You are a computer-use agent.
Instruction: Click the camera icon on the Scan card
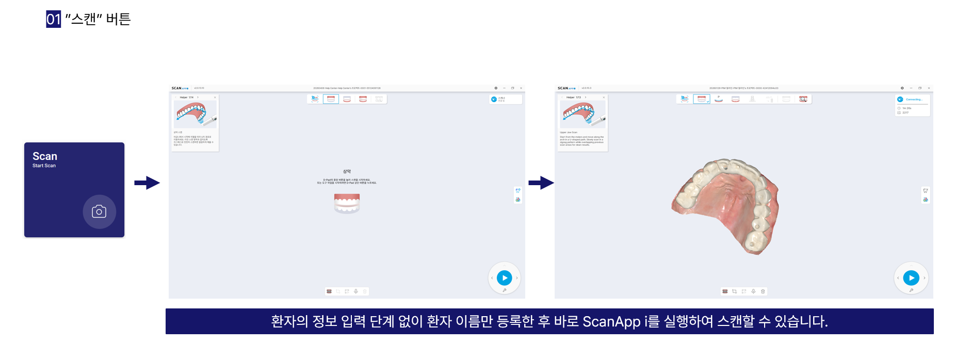click(x=99, y=211)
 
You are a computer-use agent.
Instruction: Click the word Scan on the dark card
click(x=45, y=156)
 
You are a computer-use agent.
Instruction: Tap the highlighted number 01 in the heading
click(x=53, y=19)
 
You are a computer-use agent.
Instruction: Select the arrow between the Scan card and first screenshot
click(x=147, y=183)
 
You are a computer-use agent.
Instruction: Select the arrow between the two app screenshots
click(x=541, y=183)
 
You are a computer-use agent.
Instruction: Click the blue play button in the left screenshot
click(x=504, y=278)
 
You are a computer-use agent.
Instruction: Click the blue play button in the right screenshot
click(x=911, y=278)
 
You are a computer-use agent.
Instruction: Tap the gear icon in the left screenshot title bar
click(x=496, y=88)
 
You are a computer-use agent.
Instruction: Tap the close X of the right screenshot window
click(x=929, y=88)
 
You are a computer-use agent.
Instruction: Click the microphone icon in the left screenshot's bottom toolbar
click(x=356, y=291)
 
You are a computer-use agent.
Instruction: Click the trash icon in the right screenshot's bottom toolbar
click(x=763, y=291)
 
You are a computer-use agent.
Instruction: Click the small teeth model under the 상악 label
click(x=347, y=203)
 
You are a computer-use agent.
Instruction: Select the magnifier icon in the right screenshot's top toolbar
click(x=803, y=99)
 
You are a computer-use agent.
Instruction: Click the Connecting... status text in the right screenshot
click(x=914, y=100)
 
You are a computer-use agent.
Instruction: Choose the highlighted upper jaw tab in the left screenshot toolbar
click(x=331, y=99)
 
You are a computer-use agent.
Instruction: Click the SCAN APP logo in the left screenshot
click(x=180, y=88)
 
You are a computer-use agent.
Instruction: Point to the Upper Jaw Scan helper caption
click(x=569, y=133)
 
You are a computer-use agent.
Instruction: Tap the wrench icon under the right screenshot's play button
click(x=911, y=290)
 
